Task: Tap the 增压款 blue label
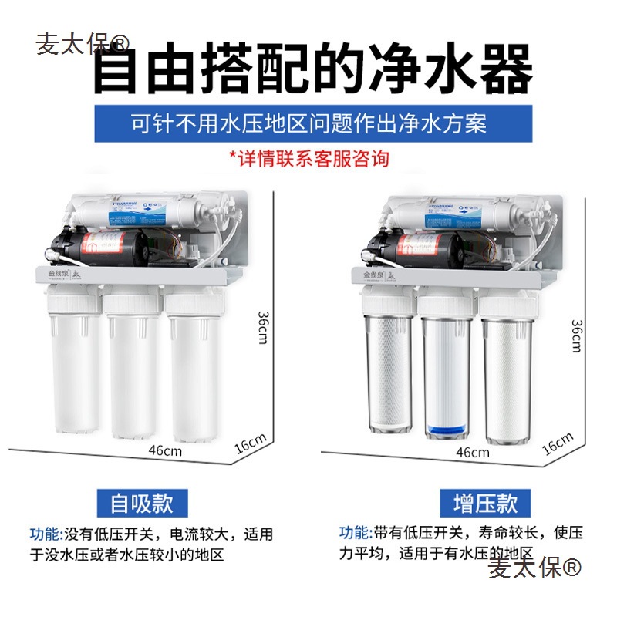click(474, 504)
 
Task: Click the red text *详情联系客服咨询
click(308, 159)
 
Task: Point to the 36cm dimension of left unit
click(264, 327)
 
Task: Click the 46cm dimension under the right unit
click(471, 453)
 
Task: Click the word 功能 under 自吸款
click(44, 534)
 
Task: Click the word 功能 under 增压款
click(355, 533)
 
